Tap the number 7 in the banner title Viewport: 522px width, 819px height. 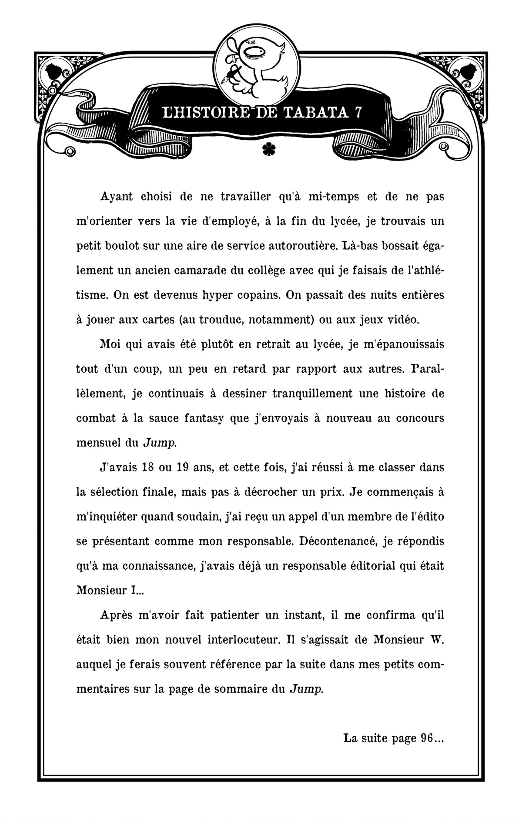[x=358, y=113]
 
